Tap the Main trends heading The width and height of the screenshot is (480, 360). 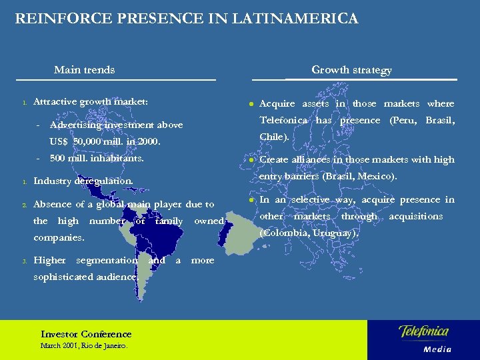(84, 69)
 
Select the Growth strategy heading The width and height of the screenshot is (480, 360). (351, 70)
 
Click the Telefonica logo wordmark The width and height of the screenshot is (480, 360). (423, 331)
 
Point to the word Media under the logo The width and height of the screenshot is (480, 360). (437, 349)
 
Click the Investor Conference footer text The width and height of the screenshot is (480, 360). (86, 334)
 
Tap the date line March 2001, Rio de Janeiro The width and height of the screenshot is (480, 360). (83, 346)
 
